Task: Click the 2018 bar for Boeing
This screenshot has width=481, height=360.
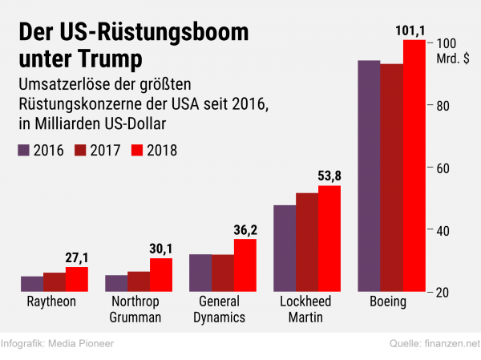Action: [414, 166]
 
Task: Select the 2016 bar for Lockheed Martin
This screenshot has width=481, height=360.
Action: [285, 249]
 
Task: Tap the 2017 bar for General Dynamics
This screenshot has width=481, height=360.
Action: [223, 273]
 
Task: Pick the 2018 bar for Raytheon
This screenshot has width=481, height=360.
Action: [77, 279]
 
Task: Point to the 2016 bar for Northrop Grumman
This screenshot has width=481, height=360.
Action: [116, 283]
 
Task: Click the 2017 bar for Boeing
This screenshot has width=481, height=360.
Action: [392, 178]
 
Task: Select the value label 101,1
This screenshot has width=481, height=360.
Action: [410, 30]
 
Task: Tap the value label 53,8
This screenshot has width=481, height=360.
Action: [329, 176]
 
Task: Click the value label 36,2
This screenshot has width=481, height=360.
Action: [245, 230]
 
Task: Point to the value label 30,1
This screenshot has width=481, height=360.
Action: [161, 249]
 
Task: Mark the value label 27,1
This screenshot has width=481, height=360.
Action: [77, 258]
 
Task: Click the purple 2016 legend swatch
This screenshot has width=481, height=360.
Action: [23, 151]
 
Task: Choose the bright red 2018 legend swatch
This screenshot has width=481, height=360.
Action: [137, 151]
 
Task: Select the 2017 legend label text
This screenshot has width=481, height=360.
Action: [105, 151]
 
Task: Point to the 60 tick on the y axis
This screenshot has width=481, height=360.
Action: [430, 168]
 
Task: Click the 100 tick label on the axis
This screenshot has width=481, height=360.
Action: [447, 43]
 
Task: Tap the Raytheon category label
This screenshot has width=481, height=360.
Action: [51, 301]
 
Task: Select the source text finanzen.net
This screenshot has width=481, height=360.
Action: [452, 343]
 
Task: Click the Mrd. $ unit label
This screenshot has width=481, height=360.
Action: [453, 59]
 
